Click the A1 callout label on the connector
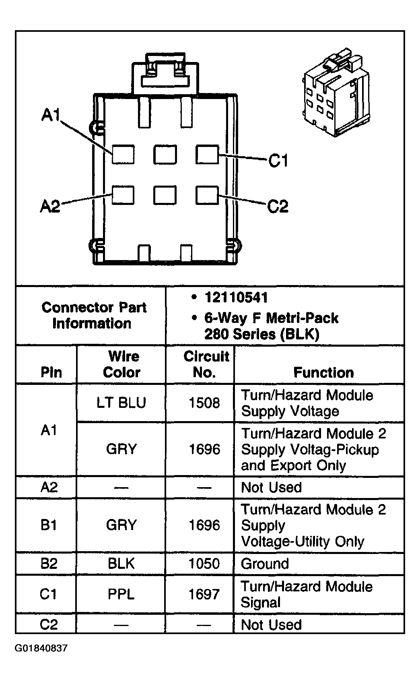[x=50, y=115]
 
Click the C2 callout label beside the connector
[x=278, y=207]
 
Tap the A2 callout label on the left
[x=50, y=206]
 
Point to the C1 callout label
[x=278, y=161]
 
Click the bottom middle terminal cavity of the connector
[x=165, y=195]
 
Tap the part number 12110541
[x=236, y=298]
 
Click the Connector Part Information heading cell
[x=94, y=315]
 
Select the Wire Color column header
[x=121, y=364]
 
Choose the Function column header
[x=323, y=372]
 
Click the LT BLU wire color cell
[x=121, y=403]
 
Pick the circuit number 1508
[x=204, y=403]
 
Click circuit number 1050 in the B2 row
[x=204, y=564]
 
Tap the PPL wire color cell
[x=121, y=594]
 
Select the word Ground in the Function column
[x=265, y=564]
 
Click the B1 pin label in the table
[x=49, y=525]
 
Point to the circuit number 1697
[x=204, y=594]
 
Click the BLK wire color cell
[x=121, y=564]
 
